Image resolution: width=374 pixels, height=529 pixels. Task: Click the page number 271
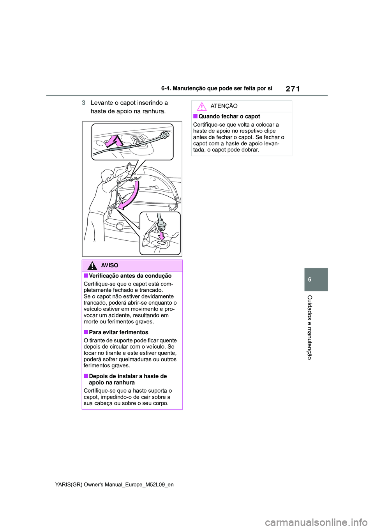click(293, 89)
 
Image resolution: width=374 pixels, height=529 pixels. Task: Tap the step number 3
click(83, 103)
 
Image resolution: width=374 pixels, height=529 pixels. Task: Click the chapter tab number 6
click(310, 279)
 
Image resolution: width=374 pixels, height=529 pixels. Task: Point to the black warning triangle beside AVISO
click(92, 266)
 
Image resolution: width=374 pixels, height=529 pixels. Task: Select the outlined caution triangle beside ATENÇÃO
click(201, 106)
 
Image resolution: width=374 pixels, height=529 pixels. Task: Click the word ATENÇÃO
click(224, 106)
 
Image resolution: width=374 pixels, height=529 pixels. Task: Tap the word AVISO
click(109, 265)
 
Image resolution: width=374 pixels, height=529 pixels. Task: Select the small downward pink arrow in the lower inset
click(162, 236)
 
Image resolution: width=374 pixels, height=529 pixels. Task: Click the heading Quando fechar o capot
click(229, 116)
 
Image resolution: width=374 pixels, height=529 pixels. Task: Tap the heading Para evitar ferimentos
click(118, 332)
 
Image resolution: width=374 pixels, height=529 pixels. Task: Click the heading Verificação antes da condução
click(130, 276)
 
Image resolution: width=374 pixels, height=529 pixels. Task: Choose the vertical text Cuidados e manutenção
click(310, 327)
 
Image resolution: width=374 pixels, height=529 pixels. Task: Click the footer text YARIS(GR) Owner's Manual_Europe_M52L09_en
click(115, 485)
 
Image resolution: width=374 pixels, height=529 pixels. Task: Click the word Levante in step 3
click(102, 103)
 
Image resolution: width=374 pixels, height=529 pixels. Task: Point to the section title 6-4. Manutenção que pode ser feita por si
click(217, 88)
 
